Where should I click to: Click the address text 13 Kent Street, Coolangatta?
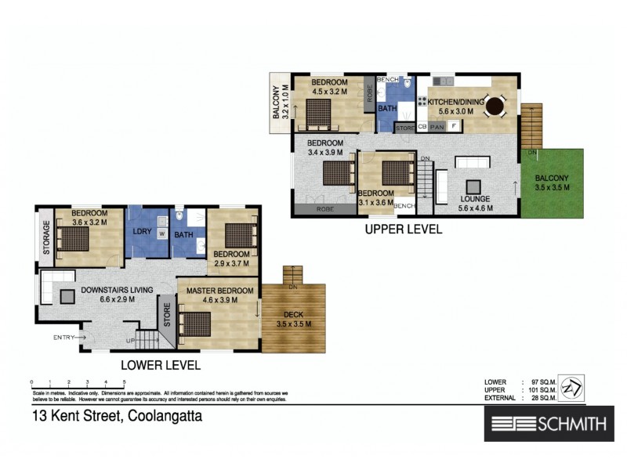117,417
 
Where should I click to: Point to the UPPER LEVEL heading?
402,230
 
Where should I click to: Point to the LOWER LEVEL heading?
160,365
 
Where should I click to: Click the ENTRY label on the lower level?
63,338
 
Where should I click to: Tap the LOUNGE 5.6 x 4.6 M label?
474,204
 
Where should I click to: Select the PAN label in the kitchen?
437,125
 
